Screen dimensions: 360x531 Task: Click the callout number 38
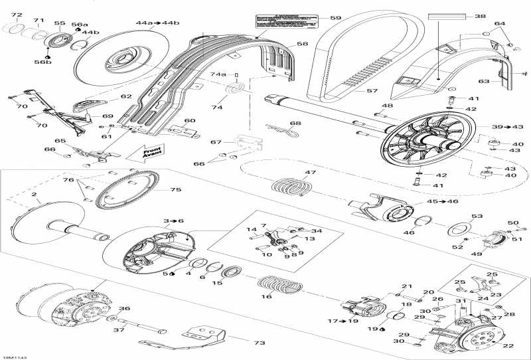pos(479,16)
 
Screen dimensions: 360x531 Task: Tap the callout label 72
pos(17,15)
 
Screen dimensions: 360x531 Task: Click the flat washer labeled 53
pos(455,230)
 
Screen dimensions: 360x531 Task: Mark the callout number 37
pos(119,330)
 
